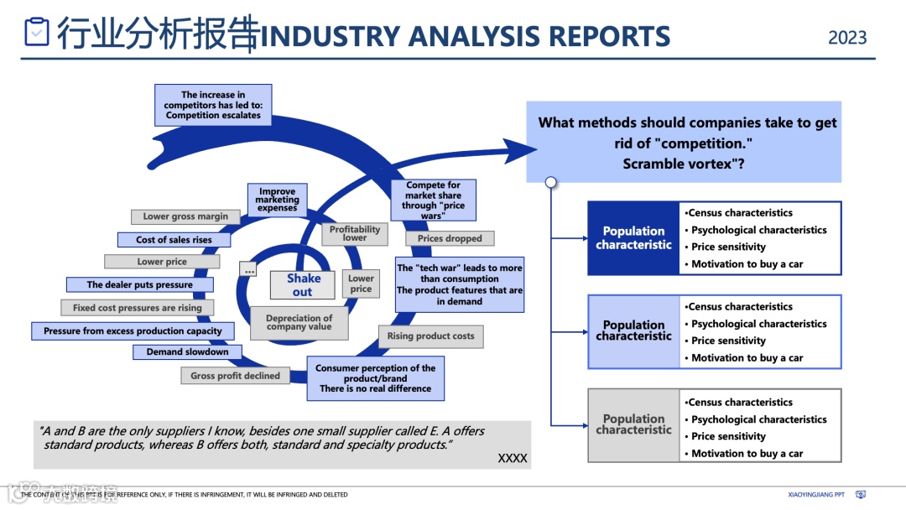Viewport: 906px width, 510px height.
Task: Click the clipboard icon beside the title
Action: (x=37, y=32)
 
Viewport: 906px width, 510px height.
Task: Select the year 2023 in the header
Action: (x=847, y=38)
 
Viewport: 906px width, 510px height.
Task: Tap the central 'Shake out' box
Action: (x=303, y=285)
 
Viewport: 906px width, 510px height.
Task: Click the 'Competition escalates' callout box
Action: (x=213, y=105)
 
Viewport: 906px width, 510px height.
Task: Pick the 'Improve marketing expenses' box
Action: (x=278, y=200)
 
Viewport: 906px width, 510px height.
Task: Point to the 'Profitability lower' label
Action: (x=355, y=233)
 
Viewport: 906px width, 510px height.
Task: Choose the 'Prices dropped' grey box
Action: (x=450, y=238)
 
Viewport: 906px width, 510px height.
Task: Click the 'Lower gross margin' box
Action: (x=185, y=216)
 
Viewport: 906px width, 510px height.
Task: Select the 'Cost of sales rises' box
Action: (x=174, y=240)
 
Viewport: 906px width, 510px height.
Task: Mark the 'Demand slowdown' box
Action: (x=187, y=352)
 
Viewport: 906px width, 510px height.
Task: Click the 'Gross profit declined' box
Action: (x=235, y=376)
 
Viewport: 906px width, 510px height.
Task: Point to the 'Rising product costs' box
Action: (x=430, y=336)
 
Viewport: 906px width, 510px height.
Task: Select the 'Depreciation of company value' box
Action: (x=299, y=323)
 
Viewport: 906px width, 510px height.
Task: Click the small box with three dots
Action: (x=247, y=270)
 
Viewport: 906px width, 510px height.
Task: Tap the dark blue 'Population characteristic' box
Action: (x=633, y=238)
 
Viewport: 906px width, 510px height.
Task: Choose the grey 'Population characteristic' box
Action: (x=633, y=424)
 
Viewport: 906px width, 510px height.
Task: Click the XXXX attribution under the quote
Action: (x=513, y=458)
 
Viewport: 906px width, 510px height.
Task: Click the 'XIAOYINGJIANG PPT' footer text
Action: (x=816, y=495)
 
